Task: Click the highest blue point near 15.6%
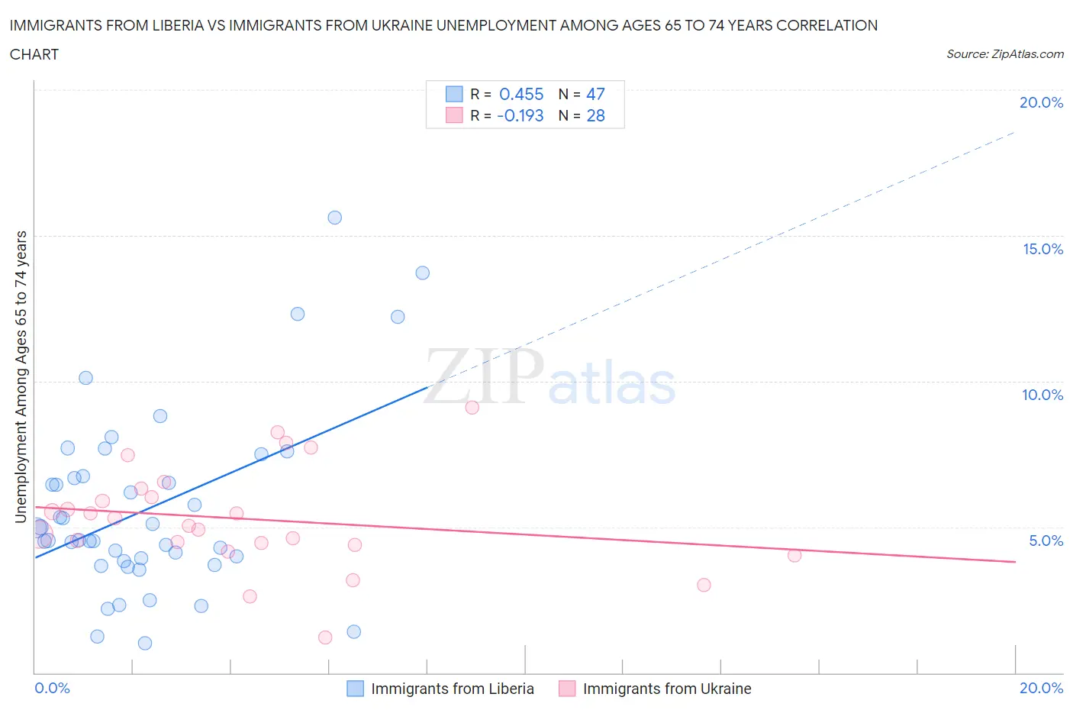[x=334, y=218]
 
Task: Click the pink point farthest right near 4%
[x=794, y=555]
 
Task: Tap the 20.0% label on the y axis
[x=1041, y=103]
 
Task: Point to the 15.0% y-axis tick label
[x=1042, y=249]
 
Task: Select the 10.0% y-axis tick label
[x=1042, y=395]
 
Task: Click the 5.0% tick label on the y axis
[x=1046, y=541]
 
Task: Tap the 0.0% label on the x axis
[x=53, y=688]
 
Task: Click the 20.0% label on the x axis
[x=1041, y=688]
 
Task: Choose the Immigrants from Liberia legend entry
[x=452, y=689]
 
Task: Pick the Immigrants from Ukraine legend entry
[x=666, y=689]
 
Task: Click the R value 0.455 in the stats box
[x=521, y=94]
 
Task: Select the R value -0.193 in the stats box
[x=520, y=115]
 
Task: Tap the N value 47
[x=595, y=94]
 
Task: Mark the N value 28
[x=595, y=115]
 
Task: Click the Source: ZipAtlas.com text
[x=1004, y=54]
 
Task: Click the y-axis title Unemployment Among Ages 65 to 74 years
[x=21, y=377]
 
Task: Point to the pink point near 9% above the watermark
[x=472, y=408]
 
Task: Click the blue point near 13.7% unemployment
[x=422, y=273]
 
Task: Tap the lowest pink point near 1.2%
[x=325, y=637]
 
